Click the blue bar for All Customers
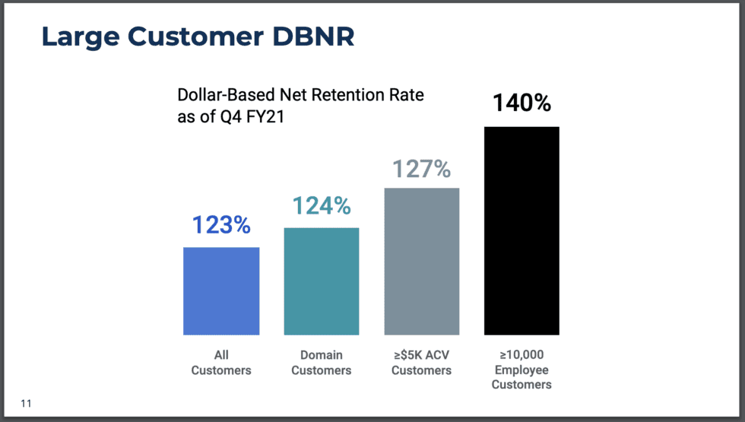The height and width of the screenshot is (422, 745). coord(221,290)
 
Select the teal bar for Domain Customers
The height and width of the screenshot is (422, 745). coord(322,281)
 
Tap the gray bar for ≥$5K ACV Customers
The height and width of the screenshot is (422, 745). coord(422,261)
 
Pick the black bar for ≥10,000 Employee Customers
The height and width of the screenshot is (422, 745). coord(521,230)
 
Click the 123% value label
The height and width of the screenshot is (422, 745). coord(221,226)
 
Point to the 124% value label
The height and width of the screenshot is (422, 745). coord(322,206)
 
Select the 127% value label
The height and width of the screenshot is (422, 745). coord(422,168)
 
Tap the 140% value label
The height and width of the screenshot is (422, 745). coord(521,103)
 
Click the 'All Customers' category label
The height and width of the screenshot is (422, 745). coord(221,363)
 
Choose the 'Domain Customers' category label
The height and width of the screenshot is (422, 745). coord(322,363)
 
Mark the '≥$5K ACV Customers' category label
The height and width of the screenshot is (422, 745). coord(422,363)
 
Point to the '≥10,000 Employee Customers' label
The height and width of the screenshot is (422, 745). coord(521,370)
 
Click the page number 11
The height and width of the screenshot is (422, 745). coord(27,403)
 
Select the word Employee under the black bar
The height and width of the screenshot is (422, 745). coord(521,370)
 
